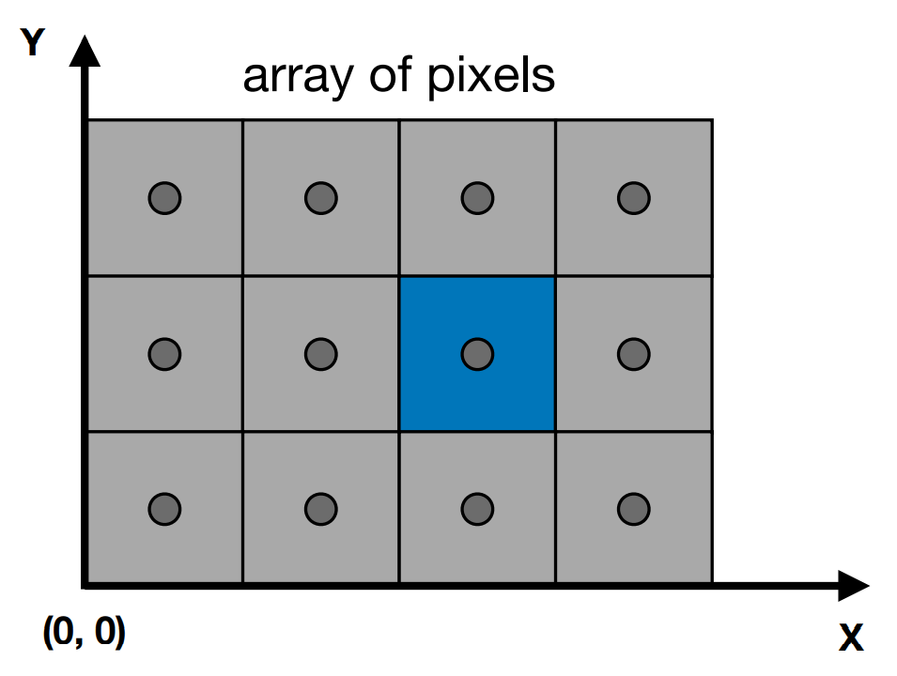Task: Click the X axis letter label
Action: [851, 638]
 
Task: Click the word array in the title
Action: [298, 77]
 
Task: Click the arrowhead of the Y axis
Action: [85, 51]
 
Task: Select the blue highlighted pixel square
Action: [477, 354]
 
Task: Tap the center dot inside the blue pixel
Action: [477, 354]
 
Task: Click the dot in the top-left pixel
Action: [164, 198]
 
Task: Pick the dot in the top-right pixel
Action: [634, 198]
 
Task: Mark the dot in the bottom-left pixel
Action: [164, 509]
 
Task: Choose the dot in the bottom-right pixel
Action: [634, 509]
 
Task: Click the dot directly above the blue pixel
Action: [477, 198]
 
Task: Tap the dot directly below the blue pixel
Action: [477, 509]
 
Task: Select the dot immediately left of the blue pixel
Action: [321, 354]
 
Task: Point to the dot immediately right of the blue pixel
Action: [634, 354]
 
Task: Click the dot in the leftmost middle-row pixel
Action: [164, 354]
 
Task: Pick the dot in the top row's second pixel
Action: [321, 198]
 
